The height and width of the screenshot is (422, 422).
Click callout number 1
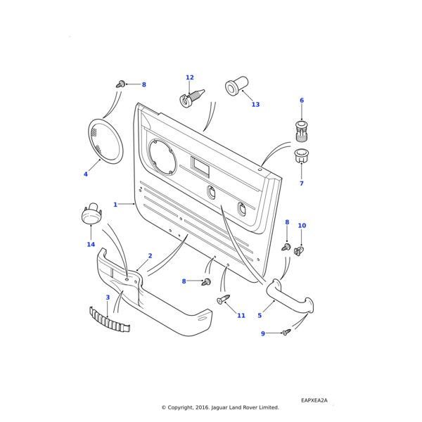(115, 205)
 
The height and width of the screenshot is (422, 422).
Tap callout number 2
(150, 256)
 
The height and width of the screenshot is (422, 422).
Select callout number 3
(108, 298)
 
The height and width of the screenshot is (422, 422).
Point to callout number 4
(86, 174)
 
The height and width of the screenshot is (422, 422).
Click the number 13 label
(255, 105)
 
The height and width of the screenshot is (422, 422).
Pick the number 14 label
(91, 245)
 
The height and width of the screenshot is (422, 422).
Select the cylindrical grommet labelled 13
(233, 87)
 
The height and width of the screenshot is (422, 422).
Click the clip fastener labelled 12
(192, 97)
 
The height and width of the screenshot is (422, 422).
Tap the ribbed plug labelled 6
(301, 131)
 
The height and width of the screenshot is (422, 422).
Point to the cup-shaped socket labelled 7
(302, 155)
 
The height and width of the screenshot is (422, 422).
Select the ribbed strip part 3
(109, 319)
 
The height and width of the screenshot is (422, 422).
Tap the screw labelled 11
(224, 300)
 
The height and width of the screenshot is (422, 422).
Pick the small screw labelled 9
(286, 332)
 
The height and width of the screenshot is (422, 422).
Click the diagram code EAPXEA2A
(314, 400)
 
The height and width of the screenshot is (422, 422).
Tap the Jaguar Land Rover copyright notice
(220, 407)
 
